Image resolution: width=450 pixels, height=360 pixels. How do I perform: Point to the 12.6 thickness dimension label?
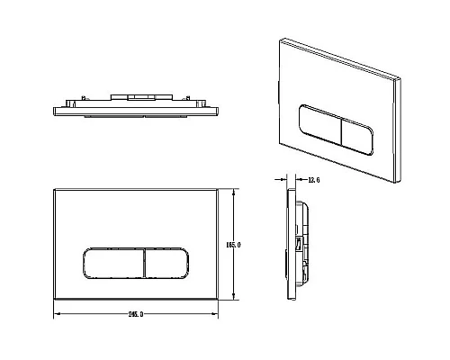pos(312,179)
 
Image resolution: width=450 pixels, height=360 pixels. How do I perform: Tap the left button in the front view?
pos(112,265)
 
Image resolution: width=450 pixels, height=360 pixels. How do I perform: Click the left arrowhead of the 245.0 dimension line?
pos(58,314)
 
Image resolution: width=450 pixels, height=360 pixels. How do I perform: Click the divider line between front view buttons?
pos(142,265)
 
